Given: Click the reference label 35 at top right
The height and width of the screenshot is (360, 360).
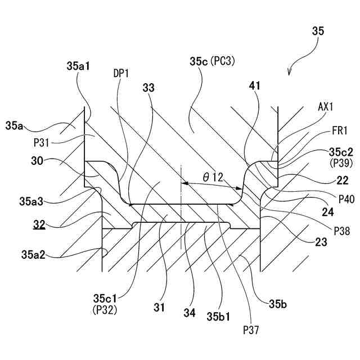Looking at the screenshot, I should pyautogui.click(x=317, y=32).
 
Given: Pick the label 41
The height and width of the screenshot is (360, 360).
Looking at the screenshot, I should pyautogui.click(x=255, y=85).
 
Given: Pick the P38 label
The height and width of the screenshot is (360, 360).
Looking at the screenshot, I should pyautogui.click(x=341, y=230).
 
